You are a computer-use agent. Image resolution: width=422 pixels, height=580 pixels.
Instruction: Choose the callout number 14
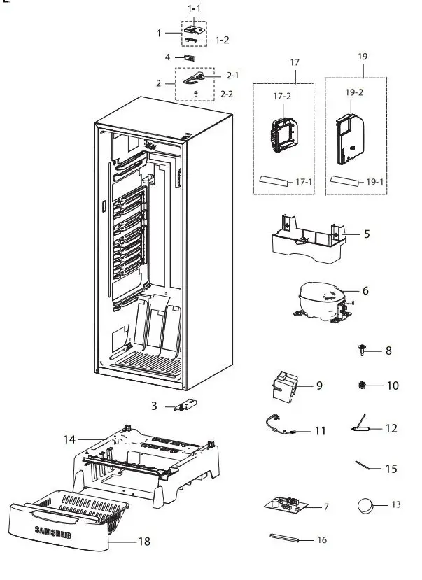(x=69, y=439)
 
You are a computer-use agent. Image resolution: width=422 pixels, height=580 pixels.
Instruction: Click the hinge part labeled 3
(x=188, y=405)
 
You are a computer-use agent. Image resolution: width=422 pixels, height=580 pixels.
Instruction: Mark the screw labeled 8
(x=362, y=350)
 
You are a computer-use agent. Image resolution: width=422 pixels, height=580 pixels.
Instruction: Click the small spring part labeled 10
(x=363, y=385)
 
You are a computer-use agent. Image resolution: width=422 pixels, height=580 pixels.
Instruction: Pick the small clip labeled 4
(x=190, y=57)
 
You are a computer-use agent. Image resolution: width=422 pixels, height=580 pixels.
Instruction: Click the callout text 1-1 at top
(x=193, y=8)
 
